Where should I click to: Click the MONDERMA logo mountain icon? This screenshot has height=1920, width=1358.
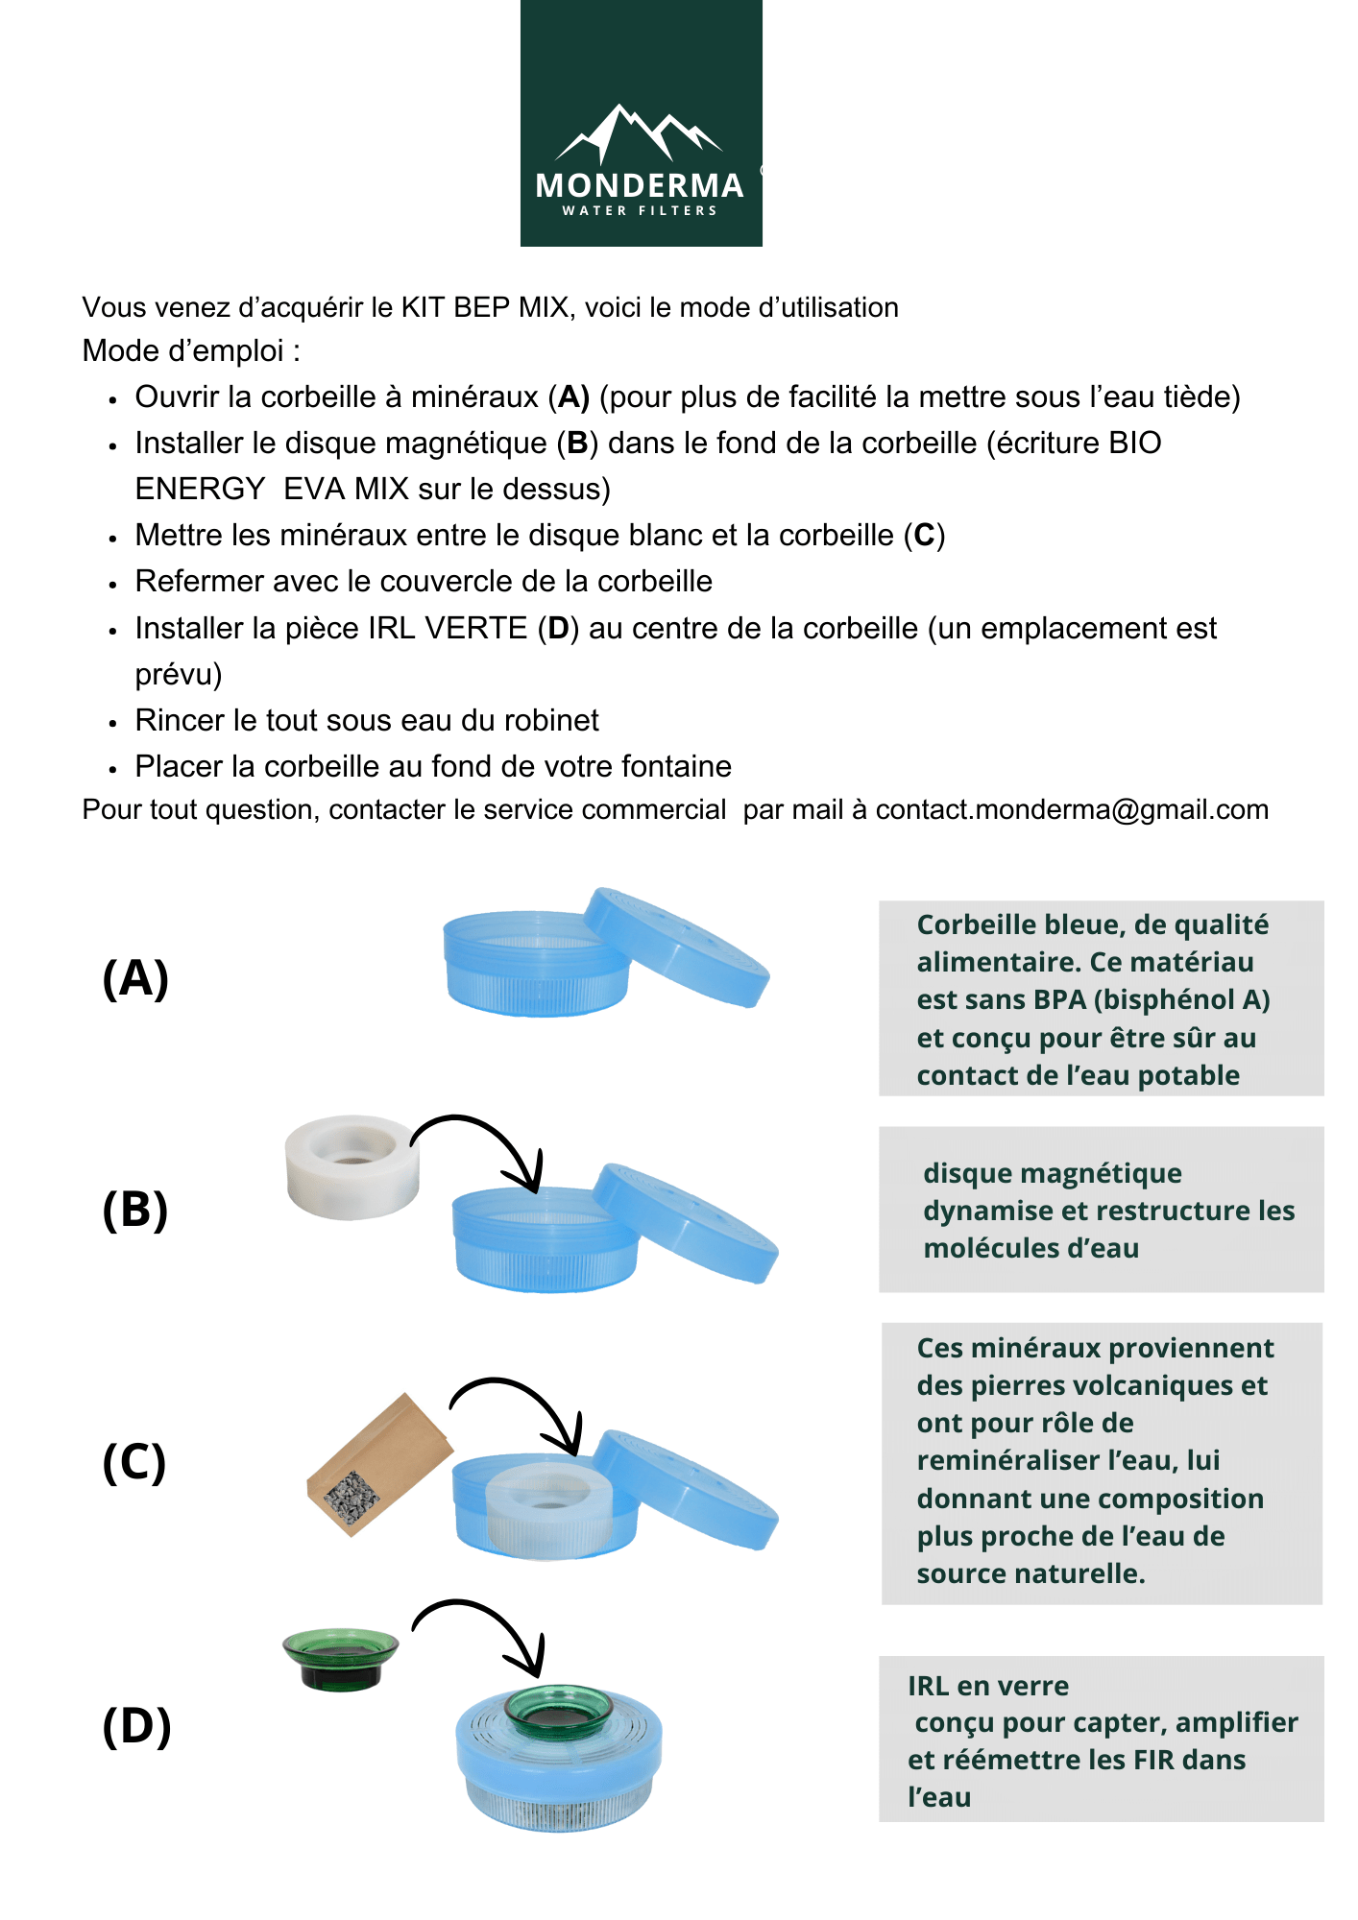click(639, 134)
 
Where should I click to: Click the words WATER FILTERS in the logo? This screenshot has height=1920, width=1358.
click(640, 210)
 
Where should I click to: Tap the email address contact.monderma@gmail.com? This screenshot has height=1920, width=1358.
click(1072, 809)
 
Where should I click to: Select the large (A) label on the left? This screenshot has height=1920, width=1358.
click(135, 978)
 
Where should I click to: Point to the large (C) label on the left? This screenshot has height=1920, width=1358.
click(134, 1462)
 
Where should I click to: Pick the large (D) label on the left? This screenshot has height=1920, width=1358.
click(136, 1725)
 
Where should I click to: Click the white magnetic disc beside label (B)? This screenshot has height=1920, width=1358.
click(352, 1166)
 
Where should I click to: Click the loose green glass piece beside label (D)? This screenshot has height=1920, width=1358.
click(340, 1656)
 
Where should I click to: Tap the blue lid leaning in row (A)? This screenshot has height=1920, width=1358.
click(677, 946)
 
